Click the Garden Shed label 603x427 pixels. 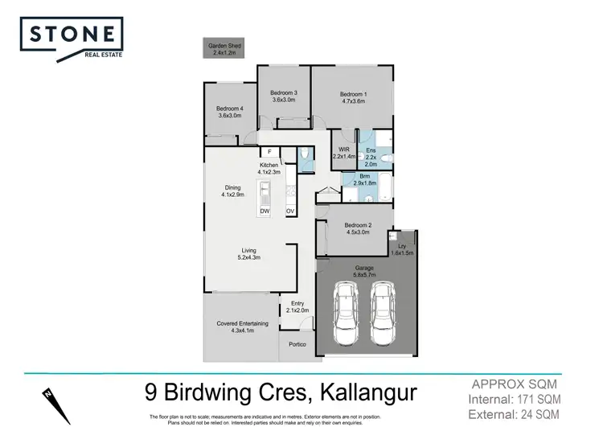click(225, 50)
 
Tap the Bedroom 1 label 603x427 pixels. click(351, 97)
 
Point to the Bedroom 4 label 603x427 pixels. click(230, 112)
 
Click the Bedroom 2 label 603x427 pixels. click(357, 228)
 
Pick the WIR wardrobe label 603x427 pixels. click(343, 152)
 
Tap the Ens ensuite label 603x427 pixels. click(371, 154)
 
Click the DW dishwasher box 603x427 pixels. click(265, 211)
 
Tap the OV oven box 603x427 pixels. click(290, 211)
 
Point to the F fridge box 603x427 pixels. click(269, 151)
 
